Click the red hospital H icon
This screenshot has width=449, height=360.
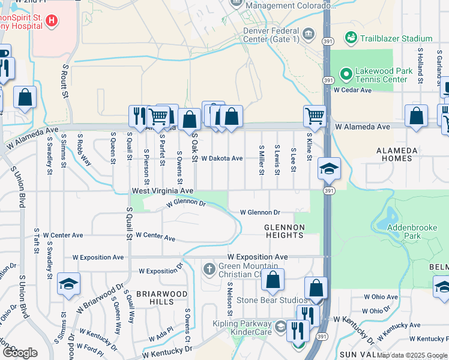coord(52,21)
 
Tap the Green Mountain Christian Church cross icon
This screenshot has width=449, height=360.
coord(209,268)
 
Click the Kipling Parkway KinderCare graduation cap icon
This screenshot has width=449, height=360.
coord(280,327)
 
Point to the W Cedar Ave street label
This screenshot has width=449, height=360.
coord(352,90)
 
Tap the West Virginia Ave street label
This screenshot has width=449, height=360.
coord(163,190)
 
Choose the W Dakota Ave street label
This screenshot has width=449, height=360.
coord(221,158)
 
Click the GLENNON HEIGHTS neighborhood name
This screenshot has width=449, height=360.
coord(285,231)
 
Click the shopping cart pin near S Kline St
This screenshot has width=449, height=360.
coord(315,115)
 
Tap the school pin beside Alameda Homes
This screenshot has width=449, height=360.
coord(329,169)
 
